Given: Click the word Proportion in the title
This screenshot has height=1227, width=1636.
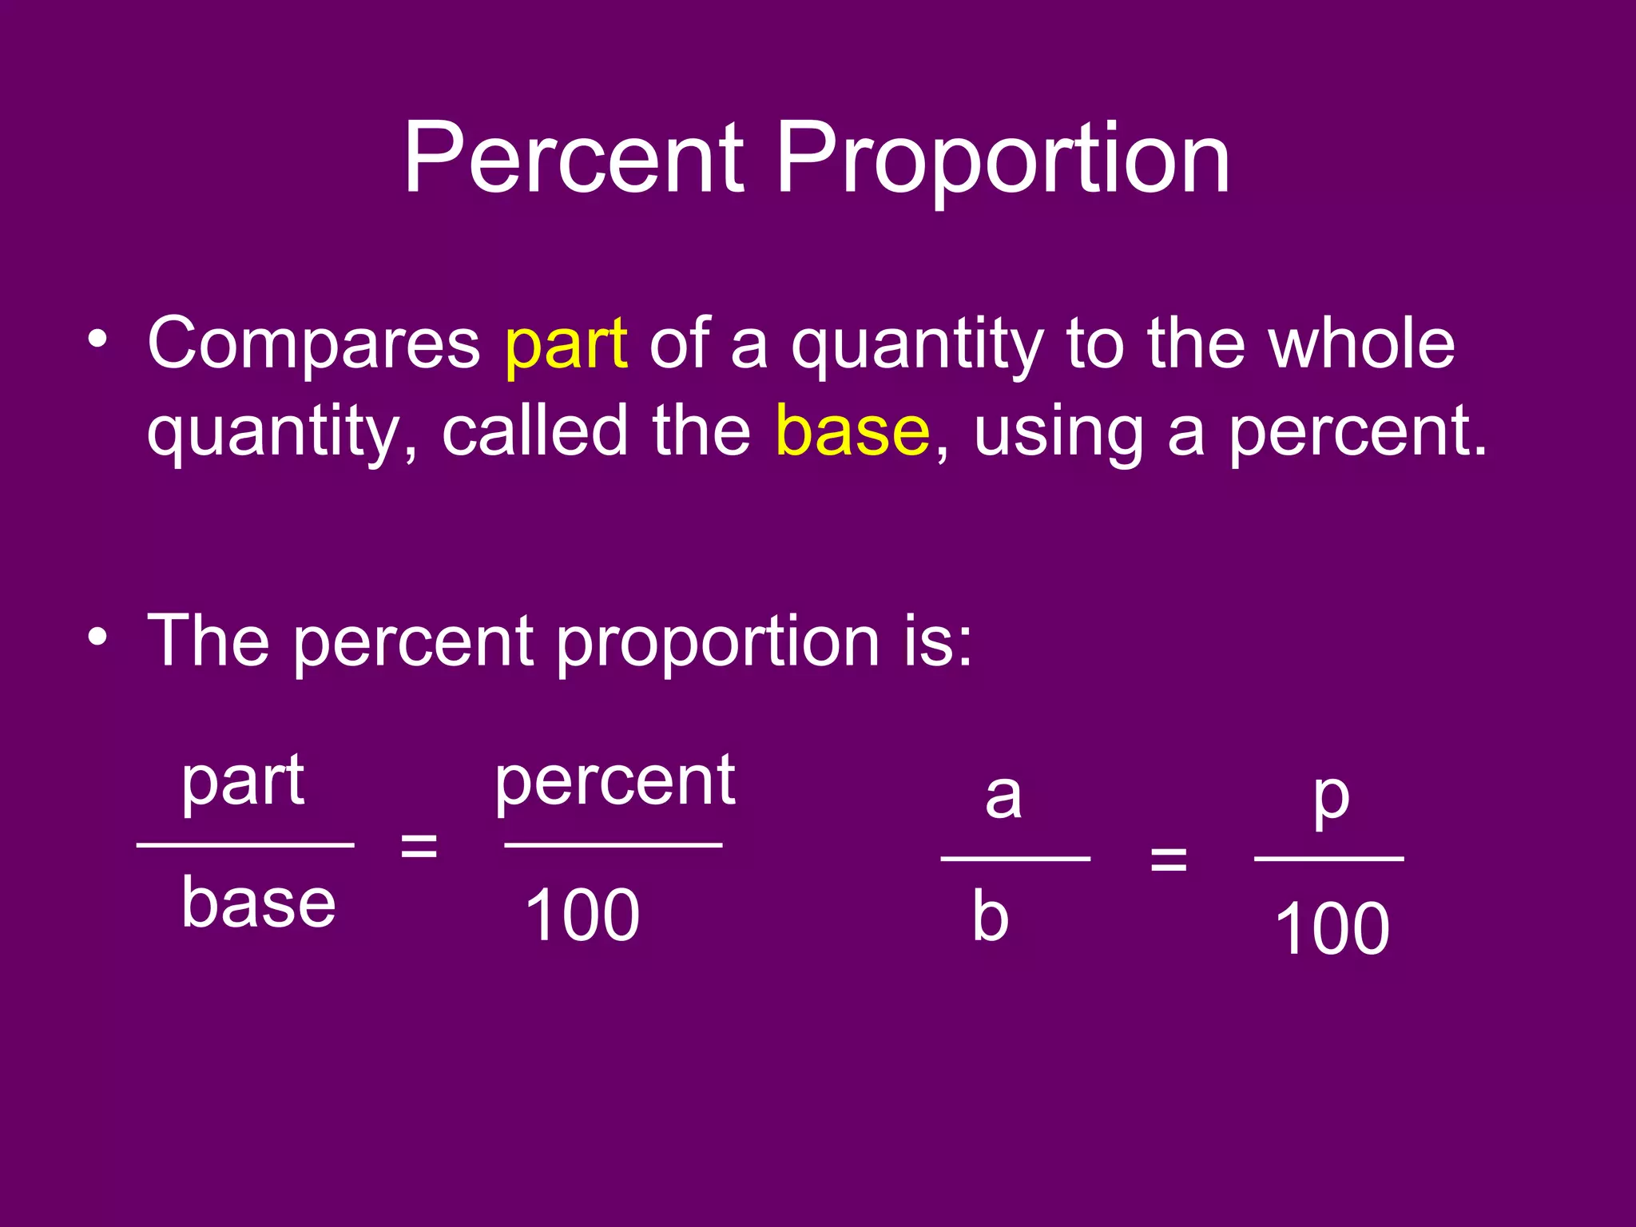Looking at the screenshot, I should click(1003, 160).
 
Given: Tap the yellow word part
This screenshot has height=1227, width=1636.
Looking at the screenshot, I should click(566, 345).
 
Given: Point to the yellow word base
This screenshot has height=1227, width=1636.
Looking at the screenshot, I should click(852, 431).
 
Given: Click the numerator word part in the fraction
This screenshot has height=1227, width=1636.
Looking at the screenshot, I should click(243, 783).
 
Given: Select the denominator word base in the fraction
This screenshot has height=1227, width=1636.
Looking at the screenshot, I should click(259, 903).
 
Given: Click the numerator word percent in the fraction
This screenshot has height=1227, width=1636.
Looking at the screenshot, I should click(615, 783).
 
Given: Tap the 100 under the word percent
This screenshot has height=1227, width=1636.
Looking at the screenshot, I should click(582, 915).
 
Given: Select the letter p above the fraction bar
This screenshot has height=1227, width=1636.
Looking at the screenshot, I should click(1332, 799).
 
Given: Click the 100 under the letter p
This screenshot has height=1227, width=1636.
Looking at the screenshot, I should click(1332, 928).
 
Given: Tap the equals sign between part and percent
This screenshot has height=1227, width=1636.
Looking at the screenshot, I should click(419, 845).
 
